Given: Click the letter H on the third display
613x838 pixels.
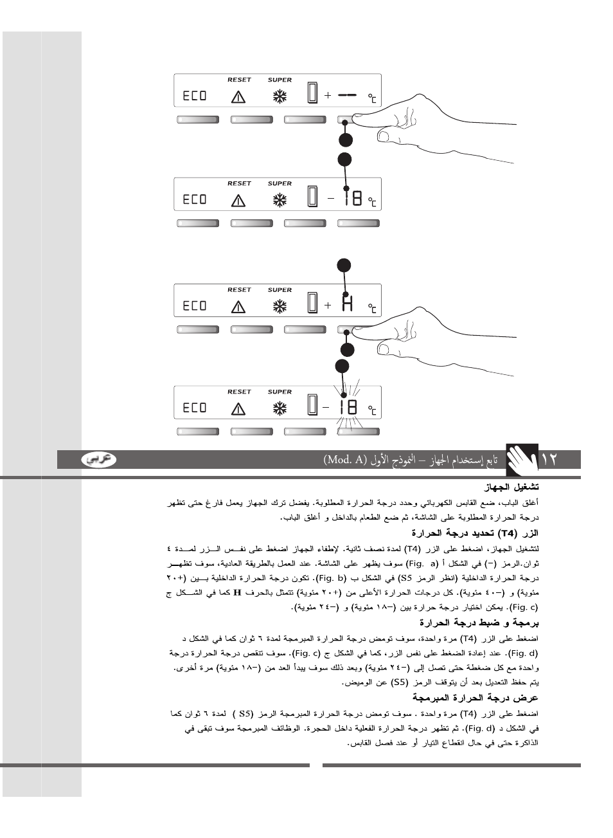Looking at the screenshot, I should click(x=348, y=304).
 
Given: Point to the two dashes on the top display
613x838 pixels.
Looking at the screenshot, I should click(x=347, y=95).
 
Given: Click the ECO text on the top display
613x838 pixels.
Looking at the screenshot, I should click(x=195, y=96).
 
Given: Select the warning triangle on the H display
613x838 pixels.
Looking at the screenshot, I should click(x=239, y=306).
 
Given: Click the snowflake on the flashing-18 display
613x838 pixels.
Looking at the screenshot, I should click(x=280, y=408).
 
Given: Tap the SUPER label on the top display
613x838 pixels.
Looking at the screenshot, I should click(x=280, y=80).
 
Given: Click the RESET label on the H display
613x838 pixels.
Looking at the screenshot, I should click(x=239, y=289).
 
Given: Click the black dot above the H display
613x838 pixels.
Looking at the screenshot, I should click(x=345, y=265).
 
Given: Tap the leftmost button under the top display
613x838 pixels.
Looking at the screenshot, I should click(x=197, y=120).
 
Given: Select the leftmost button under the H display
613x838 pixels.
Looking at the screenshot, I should click(x=197, y=329).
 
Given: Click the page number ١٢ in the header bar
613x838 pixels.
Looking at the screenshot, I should click(x=549, y=459).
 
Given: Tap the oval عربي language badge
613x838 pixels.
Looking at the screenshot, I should click(x=99, y=459).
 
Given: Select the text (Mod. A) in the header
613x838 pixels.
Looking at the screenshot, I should click(x=346, y=459).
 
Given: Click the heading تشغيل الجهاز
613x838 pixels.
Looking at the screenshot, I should click(x=511, y=487).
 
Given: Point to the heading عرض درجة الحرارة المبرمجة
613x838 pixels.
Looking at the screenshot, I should click(x=475, y=698).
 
